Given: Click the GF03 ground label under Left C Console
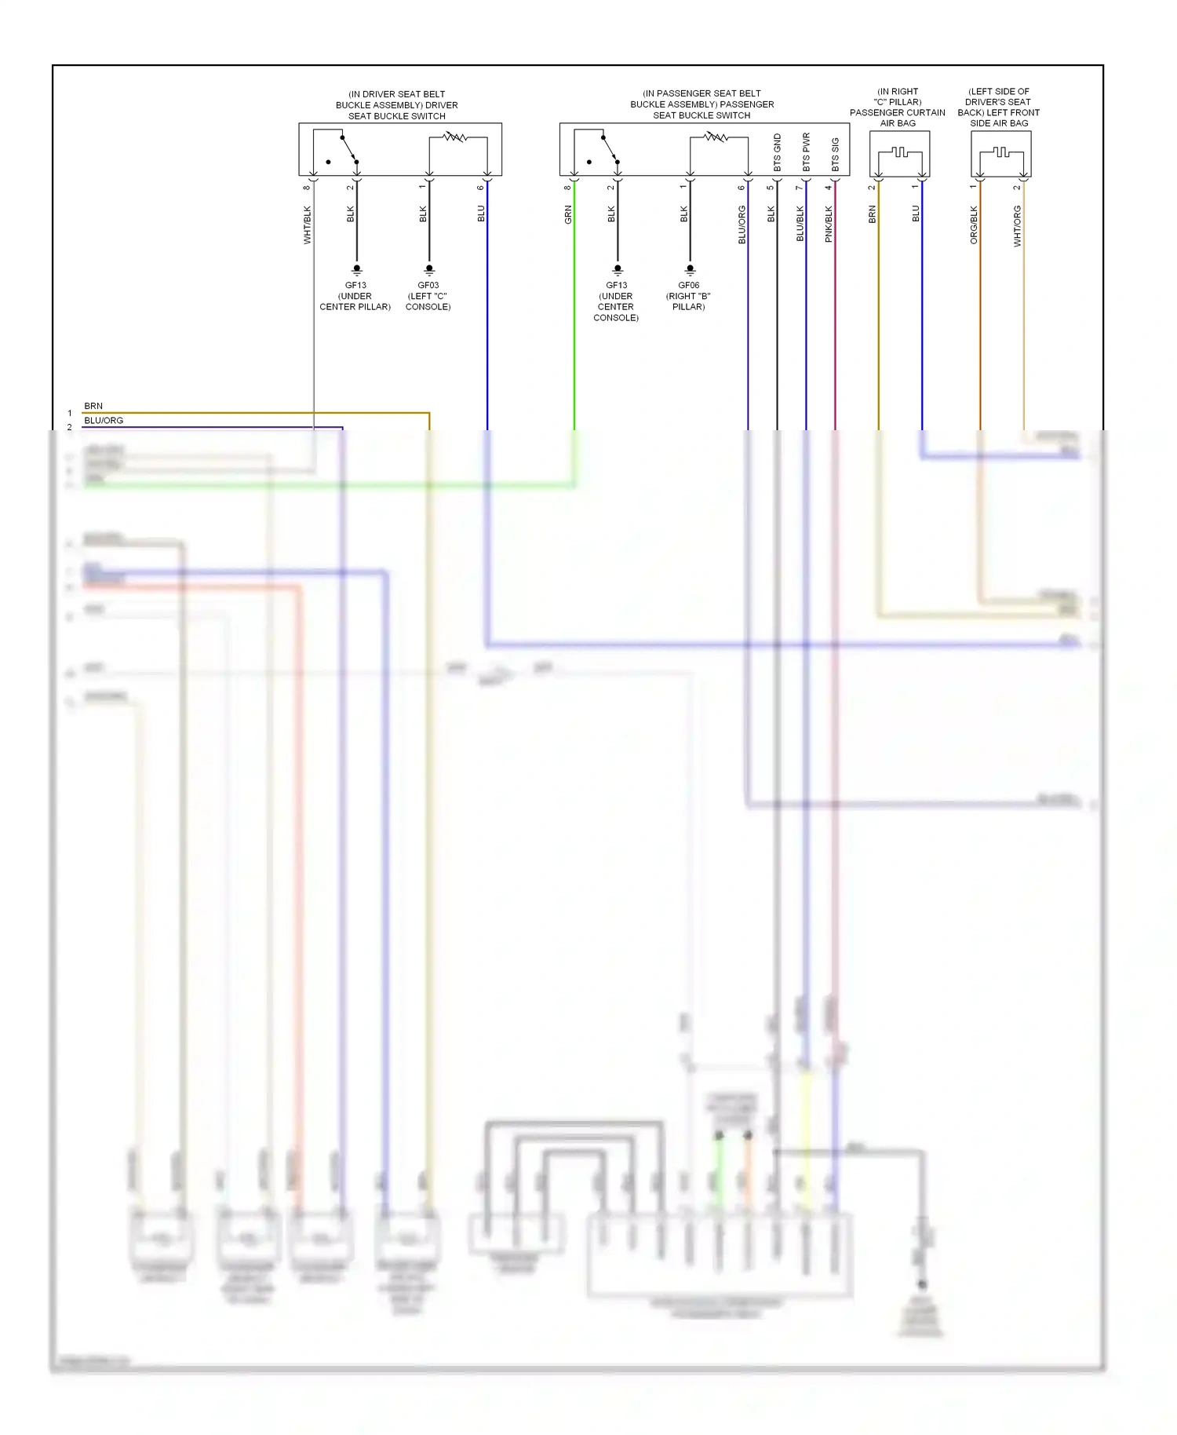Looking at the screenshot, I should click(428, 286).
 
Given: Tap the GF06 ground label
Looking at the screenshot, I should click(688, 286).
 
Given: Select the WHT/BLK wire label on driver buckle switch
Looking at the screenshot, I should click(308, 225).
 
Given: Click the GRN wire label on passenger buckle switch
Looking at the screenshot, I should click(568, 214).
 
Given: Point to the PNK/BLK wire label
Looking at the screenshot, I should click(829, 224).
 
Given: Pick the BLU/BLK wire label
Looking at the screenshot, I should click(800, 224).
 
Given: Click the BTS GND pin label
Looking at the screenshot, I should click(777, 153).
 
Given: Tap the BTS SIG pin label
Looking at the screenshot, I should click(835, 155).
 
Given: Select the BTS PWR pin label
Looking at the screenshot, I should click(806, 152).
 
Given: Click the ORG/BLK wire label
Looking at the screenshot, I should click(974, 225).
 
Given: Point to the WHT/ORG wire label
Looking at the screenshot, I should click(1017, 226).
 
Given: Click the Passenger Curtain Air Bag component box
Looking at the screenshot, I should click(899, 153).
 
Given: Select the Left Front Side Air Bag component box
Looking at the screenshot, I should click(1000, 153).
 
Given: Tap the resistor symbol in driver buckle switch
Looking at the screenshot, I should click(455, 137).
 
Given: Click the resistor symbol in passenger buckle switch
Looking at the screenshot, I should click(716, 137).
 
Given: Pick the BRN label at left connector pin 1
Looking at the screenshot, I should click(93, 406).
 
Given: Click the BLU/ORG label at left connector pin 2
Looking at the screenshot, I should click(104, 420).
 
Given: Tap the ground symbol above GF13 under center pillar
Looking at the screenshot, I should click(357, 269).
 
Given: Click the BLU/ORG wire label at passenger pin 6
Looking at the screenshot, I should click(742, 225).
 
